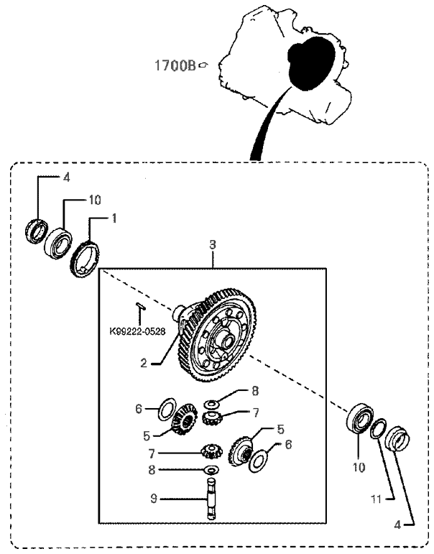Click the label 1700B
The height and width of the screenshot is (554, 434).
point(176,65)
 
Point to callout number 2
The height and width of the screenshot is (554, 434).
point(144,363)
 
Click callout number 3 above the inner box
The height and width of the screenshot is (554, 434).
point(213,245)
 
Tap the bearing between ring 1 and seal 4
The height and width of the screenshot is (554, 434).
point(60,242)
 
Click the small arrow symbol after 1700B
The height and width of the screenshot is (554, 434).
point(204,65)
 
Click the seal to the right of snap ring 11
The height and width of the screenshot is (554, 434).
point(397,438)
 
